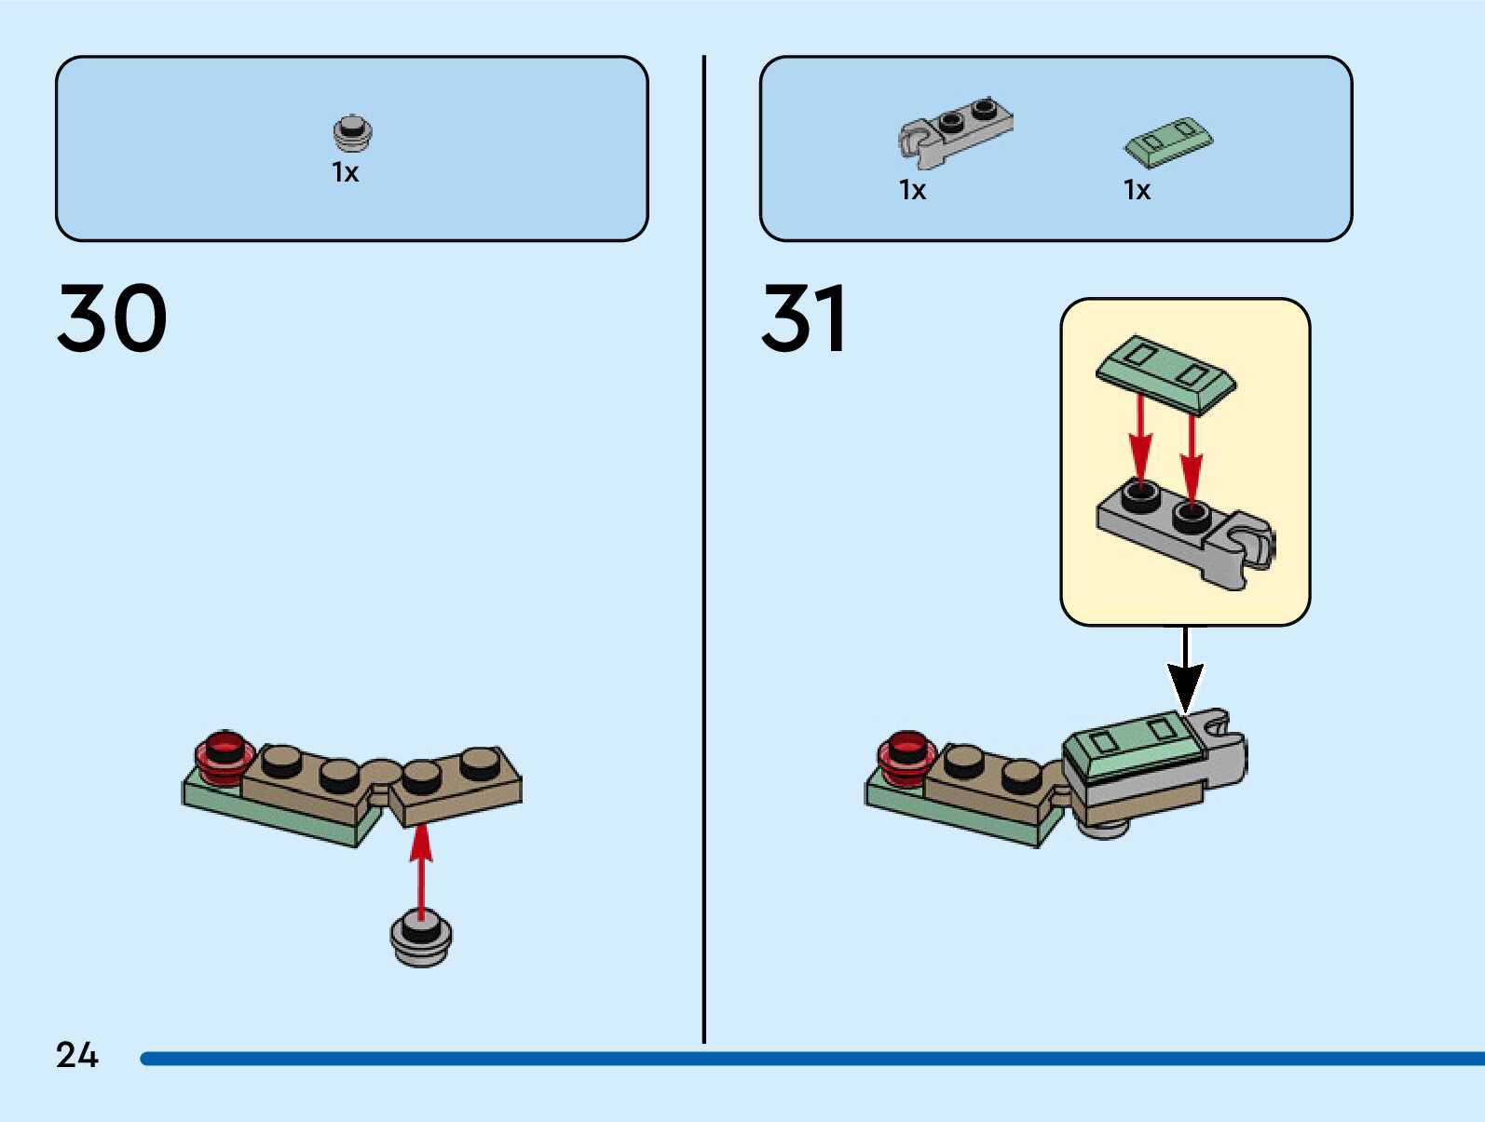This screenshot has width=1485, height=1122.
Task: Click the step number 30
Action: [112, 318]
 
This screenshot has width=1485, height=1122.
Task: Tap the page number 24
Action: [76, 1055]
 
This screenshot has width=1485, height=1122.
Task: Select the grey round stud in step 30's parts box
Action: [352, 132]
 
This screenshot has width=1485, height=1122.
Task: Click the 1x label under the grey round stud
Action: [345, 172]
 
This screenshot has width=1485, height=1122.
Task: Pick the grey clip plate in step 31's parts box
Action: [954, 129]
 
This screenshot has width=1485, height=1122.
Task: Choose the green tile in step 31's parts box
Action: [1168, 142]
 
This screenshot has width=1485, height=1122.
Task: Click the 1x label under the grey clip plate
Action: [912, 190]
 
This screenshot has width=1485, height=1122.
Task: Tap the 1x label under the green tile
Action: [1137, 190]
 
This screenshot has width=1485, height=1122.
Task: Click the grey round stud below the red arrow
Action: [421, 939]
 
